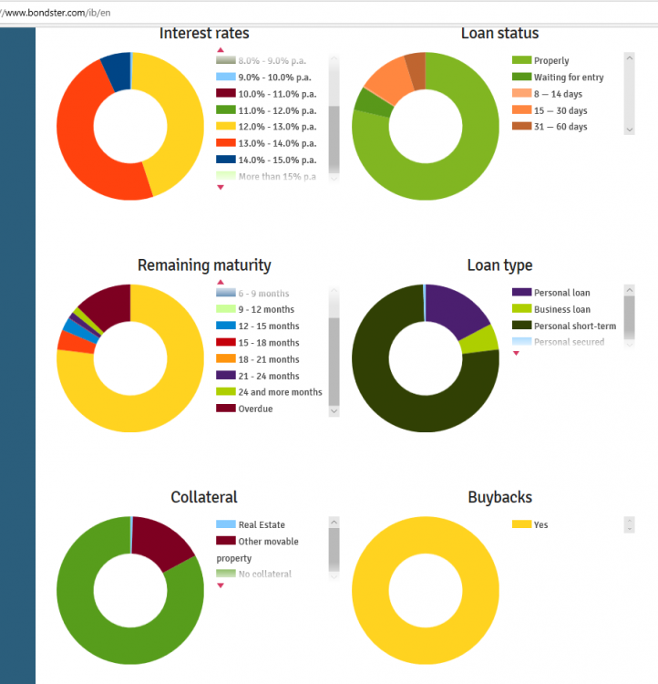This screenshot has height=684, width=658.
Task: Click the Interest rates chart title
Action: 204,34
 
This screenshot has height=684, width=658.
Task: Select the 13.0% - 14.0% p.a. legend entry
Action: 277,143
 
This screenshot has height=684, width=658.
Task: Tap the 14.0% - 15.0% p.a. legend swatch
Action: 226,160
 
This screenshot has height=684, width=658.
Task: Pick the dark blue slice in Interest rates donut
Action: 116,71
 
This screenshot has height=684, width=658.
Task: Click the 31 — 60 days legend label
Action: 560,127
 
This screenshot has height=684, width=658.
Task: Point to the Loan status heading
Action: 499,34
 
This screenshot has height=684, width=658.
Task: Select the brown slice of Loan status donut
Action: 416,71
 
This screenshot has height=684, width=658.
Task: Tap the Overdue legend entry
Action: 255,409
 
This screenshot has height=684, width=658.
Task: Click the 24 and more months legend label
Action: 281,392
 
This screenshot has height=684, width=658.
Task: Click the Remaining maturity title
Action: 204,265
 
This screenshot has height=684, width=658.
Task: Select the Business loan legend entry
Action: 561,309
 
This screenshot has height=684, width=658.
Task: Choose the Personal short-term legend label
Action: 574,326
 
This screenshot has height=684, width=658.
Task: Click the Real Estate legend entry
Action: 261,524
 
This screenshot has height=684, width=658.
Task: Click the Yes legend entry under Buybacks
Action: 541,524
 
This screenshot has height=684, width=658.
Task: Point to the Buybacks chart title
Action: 499,497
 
